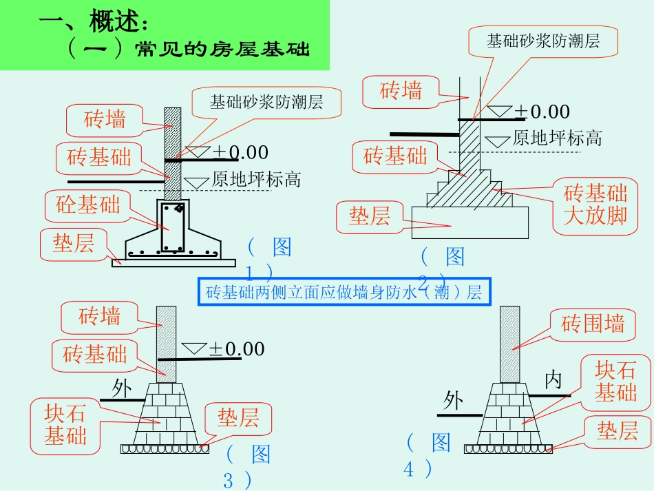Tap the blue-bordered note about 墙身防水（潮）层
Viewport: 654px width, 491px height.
[x=344, y=292]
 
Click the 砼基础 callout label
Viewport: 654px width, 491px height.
[x=88, y=205]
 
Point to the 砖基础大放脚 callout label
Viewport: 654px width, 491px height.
[x=595, y=205]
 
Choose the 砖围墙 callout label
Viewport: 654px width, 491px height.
[x=593, y=324]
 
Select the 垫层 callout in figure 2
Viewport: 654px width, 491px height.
[x=370, y=216]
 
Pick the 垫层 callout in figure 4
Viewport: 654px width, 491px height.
[x=618, y=431]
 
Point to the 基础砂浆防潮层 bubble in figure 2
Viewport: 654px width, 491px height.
[x=543, y=41]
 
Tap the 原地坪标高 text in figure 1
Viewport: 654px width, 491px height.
[x=256, y=180]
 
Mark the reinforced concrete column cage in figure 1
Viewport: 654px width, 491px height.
[x=172, y=227]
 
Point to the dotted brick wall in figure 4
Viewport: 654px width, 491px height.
[x=509, y=344]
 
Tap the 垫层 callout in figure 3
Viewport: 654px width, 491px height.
[x=238, y=418]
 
